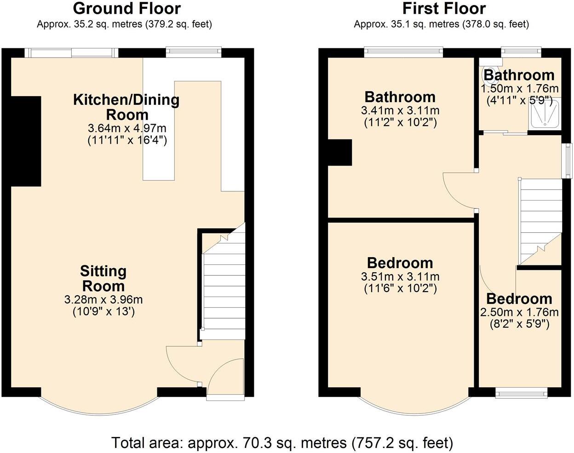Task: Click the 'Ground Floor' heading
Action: pos(126,9)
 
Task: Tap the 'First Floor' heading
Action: pos(444,9)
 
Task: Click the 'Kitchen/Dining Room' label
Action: pos(126,107)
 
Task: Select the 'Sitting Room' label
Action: pos(103,278)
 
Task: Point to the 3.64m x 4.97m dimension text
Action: pos(127,128)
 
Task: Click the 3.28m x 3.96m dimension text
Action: pos(103,300)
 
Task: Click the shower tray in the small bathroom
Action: pos(546,113)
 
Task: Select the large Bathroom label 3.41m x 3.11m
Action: pos(400,97)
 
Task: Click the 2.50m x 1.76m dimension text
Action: pos(519,313)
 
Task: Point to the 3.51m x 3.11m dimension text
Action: pos(400,277)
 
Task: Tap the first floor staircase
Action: pos(540,221)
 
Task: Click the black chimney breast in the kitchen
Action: pos(26,141)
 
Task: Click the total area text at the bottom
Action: pos(282,442)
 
